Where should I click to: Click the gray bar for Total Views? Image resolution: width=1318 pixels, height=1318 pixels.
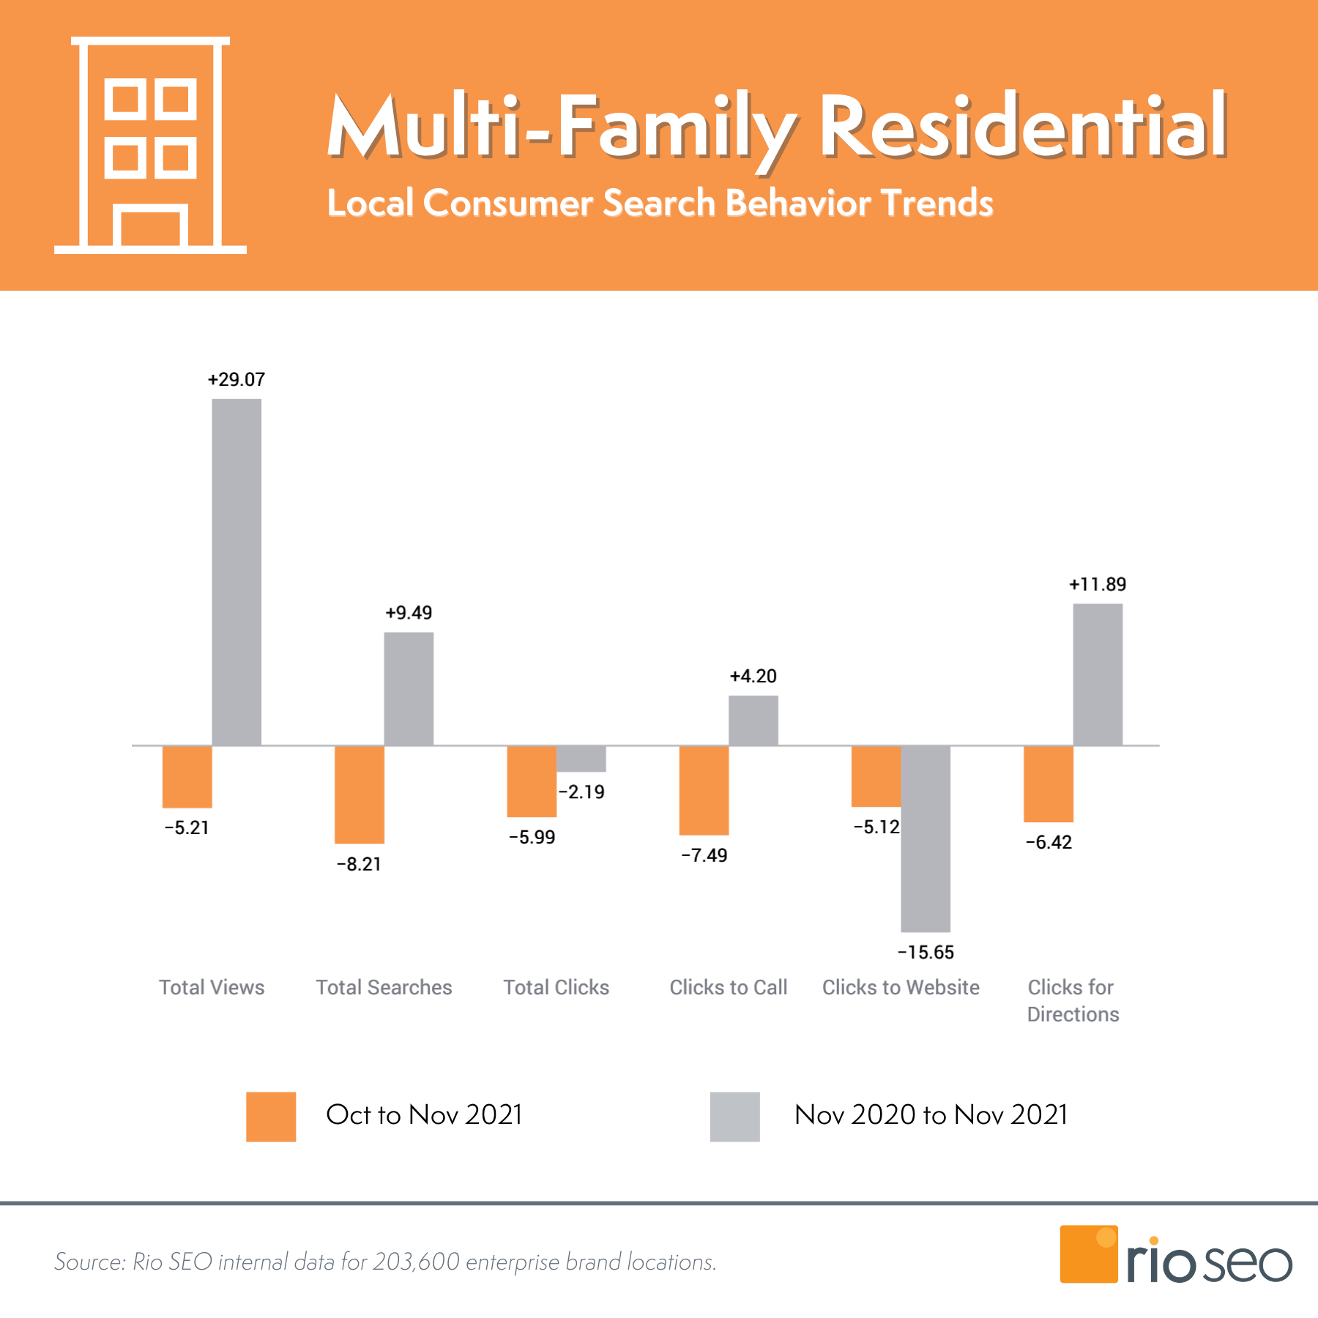pos(237,572)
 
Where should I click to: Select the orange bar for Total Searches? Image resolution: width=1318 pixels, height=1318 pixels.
pos(359,794)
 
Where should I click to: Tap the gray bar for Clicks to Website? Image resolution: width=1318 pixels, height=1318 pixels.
pos(926,838)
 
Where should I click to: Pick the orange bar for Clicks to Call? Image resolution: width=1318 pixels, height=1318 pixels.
pos(704,790)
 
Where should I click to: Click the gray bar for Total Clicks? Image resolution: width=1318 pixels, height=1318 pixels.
pos(581,759)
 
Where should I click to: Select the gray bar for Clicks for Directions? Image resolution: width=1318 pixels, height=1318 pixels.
pos(1098,674)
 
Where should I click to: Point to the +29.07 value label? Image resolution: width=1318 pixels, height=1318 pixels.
pos(237,379)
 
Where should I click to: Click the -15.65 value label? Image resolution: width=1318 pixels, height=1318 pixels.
pos(926,952)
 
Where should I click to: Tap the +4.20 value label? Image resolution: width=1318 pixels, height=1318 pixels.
pos(753,676)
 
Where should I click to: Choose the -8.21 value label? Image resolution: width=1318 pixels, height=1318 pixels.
pos(359,864)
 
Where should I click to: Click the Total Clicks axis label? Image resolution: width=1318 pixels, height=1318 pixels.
pos(556,987)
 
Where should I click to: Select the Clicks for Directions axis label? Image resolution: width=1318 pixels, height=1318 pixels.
pos(1073,1000)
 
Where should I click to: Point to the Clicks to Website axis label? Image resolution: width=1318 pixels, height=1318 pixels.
pos(901,987)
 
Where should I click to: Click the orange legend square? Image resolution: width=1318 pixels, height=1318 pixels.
pos(271,1117)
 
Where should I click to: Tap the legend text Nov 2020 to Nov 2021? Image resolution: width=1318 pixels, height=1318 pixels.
pos(931,1114)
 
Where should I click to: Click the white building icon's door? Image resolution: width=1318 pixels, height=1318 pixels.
pos(150,228)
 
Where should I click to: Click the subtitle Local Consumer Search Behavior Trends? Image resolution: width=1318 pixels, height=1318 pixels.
pos(660,203)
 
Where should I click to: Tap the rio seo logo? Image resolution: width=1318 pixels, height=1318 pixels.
pos(1175,1256)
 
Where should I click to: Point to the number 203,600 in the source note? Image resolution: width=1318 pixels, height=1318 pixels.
pos(416,1262)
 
